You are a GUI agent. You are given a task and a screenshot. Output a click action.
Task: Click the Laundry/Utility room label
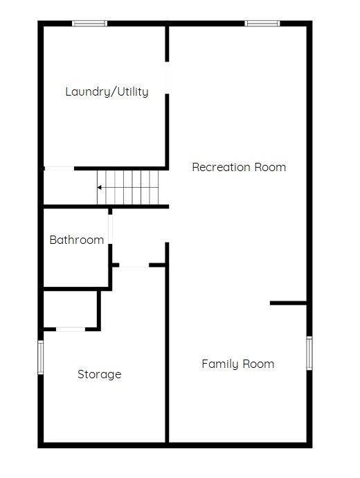pos(107,91)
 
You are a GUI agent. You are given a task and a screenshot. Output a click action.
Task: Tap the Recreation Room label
pos(239,167)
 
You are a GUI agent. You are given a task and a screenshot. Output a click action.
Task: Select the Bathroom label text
pos(77,240)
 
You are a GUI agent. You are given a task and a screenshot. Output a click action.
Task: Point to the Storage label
pos(100,374)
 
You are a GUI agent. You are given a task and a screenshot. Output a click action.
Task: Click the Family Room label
pos(238,364)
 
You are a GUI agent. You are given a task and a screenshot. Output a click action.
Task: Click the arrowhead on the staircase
pos(99,188)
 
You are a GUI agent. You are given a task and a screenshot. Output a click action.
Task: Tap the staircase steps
pos(128,187)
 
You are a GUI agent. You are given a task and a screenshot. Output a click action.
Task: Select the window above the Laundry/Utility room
pos(89,23)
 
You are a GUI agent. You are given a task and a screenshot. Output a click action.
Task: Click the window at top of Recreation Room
pos(262,23)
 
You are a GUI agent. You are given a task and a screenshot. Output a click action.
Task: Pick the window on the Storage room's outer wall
pos(41,357)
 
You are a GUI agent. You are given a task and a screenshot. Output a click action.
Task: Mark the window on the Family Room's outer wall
pos(309,353)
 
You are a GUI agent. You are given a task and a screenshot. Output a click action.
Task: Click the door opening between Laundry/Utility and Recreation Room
pos(167,78)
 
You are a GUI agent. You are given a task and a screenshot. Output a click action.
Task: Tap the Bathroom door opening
pos(110,229)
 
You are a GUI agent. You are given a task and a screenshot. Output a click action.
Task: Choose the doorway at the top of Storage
pos(134,265)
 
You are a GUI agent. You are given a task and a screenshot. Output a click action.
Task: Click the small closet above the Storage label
pos(71,309)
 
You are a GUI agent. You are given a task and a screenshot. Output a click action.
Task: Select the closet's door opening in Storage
pos(71,329)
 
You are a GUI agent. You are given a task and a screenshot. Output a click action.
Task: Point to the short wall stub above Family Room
pos(288,303)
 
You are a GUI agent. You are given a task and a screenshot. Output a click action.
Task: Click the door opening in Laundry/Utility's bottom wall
pos(60,168)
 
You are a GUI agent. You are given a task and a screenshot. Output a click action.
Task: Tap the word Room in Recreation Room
pos(270,167)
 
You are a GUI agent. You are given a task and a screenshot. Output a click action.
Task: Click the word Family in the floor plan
pos(220,364)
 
